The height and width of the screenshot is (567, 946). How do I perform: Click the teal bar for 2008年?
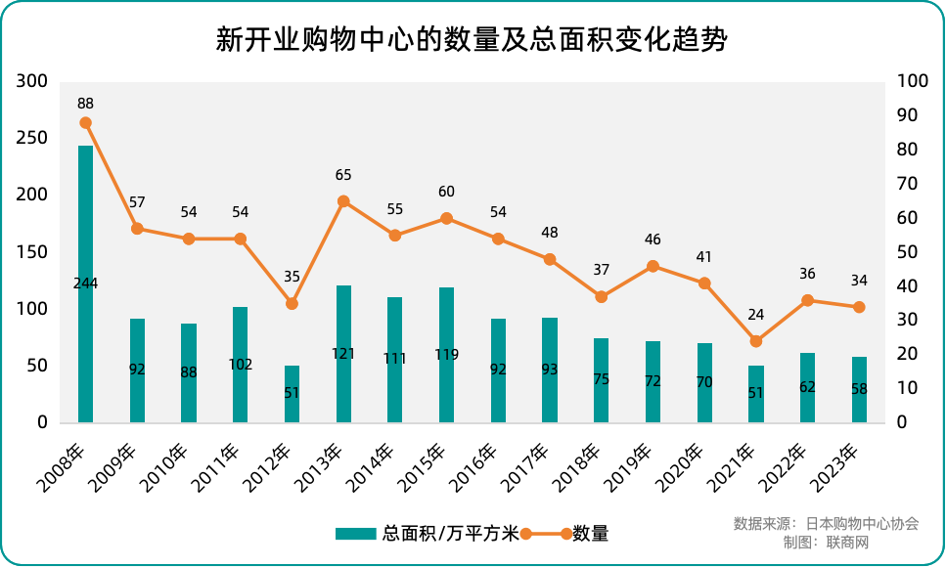86,283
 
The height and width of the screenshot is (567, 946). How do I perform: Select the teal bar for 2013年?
343,354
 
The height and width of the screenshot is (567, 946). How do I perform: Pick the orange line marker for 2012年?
292,304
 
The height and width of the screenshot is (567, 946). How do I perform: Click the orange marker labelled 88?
86,123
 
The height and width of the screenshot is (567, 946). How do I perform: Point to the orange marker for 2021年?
755,341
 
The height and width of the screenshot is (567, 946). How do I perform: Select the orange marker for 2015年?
446,218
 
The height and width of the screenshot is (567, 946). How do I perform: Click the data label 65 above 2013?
343,175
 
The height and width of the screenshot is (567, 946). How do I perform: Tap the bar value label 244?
85,283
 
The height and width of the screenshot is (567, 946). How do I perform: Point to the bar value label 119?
446,355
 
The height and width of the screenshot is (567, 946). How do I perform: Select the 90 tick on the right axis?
906,115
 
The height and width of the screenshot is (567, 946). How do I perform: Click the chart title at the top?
473,40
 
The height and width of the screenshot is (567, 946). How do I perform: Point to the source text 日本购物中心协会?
862,523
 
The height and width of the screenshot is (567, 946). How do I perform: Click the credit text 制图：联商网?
826,542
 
